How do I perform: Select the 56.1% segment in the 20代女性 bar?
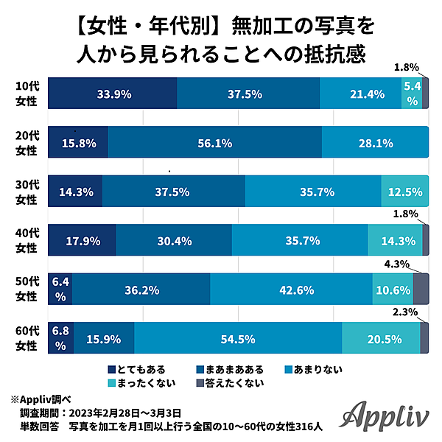(215, 143)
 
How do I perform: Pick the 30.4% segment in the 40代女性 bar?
(174, 240)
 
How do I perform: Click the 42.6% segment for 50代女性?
(291, 290)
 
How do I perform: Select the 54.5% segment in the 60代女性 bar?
(238, 339)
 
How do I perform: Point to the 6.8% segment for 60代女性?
(60, 339)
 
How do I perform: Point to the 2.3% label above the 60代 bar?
(407, 312)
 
